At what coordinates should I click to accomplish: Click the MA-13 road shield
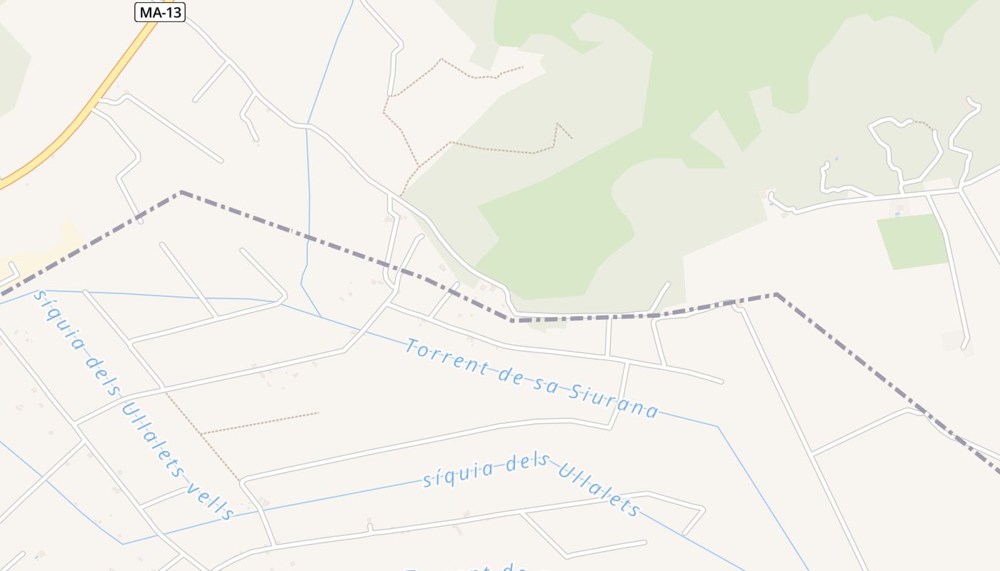pos(160,12)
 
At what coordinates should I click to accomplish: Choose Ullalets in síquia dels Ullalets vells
pos(152,438)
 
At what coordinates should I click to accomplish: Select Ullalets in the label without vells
pos(597,488)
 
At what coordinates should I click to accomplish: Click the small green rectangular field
pos(913,241)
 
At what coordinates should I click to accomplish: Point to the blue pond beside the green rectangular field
pos(898,213)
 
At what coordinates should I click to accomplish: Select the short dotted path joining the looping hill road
pos(924,124)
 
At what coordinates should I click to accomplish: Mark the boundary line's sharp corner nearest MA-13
pos(181,192)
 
